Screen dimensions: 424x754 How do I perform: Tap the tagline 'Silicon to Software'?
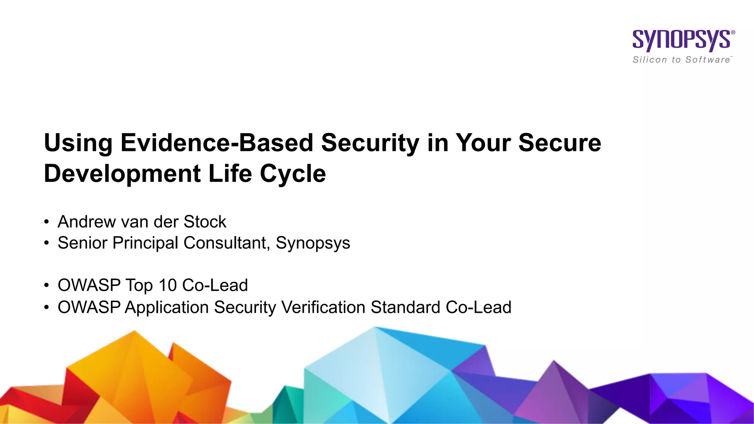(681, 60)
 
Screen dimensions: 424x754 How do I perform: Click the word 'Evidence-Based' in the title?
(216, 143)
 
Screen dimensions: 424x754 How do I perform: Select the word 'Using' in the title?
(78, 143)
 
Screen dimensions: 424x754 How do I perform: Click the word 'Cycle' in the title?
(293, 174)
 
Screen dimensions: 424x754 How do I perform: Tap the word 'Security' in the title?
(370, 143)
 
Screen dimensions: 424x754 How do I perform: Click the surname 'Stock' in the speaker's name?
(205, 222)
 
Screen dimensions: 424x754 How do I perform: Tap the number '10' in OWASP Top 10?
(168, 285)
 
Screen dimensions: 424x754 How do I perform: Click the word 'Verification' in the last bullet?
(323, 307)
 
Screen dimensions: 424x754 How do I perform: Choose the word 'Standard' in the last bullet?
(405, 307)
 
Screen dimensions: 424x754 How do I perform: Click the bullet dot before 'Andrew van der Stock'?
(46, 222)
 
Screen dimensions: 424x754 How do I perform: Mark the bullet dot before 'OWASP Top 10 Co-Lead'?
(46, 285)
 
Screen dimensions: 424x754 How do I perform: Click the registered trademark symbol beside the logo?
(733, 32)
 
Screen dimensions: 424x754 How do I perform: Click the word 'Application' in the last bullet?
(167, 308)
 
